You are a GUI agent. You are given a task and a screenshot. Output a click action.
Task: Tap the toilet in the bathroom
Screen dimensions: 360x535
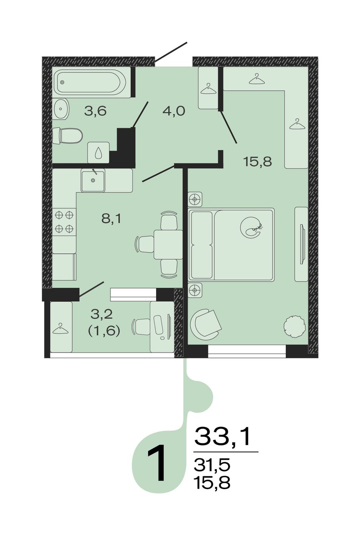[x=67, y=136]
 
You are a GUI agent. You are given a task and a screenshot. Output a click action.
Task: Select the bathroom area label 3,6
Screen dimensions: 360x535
[x=95, y=111]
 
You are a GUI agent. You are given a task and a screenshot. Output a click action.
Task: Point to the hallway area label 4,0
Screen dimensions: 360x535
[x=174, y=111]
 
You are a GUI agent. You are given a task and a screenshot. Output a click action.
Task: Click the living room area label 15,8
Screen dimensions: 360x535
[x=258, y=162]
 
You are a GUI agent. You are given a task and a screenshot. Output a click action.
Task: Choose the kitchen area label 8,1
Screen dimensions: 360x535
[x=111, y=218]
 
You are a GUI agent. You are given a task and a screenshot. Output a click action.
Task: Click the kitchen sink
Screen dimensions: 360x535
[x=93, y=180]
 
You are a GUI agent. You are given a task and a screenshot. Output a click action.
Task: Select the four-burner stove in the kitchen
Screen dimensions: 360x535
[x=64, y=222]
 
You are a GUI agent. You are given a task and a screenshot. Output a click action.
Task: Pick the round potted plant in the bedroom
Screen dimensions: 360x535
[x=294, y=327]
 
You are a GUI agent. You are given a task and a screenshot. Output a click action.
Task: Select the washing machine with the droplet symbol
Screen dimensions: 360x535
[x=99, y=153]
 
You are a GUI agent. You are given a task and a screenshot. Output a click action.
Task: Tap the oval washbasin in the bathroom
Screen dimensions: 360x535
[x=61, y=109]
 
